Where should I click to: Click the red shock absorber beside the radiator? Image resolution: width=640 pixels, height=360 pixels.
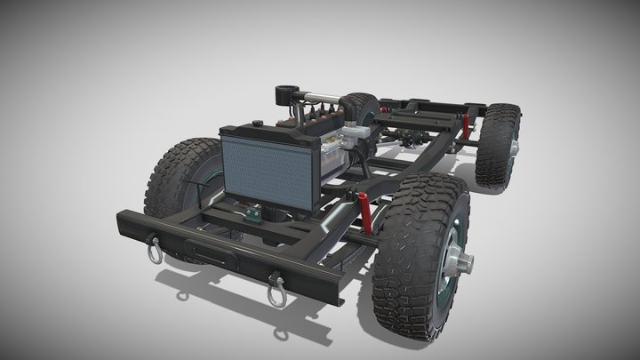366,209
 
